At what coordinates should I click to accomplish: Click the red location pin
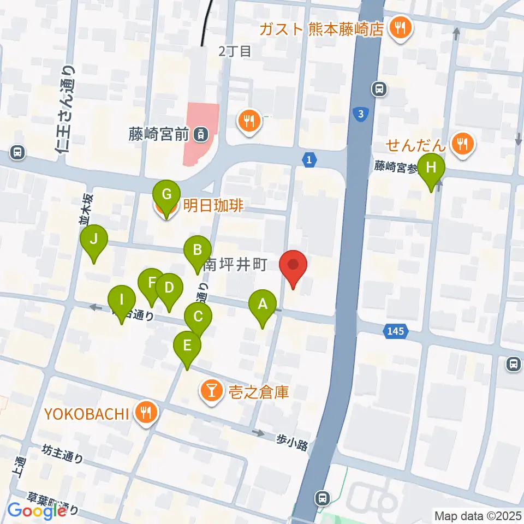293,265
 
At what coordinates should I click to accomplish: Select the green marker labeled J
94,240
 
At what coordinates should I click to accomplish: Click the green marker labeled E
187,346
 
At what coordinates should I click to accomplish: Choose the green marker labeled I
121,300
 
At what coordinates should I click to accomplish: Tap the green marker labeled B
196,251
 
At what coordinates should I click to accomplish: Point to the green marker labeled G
167,195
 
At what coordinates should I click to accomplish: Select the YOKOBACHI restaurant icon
145,413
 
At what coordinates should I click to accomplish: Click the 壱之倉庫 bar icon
211,391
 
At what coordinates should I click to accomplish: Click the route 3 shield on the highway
360,115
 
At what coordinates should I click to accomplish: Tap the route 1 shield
309,159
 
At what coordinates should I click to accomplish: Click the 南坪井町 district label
235,266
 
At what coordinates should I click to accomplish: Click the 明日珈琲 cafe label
213,206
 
